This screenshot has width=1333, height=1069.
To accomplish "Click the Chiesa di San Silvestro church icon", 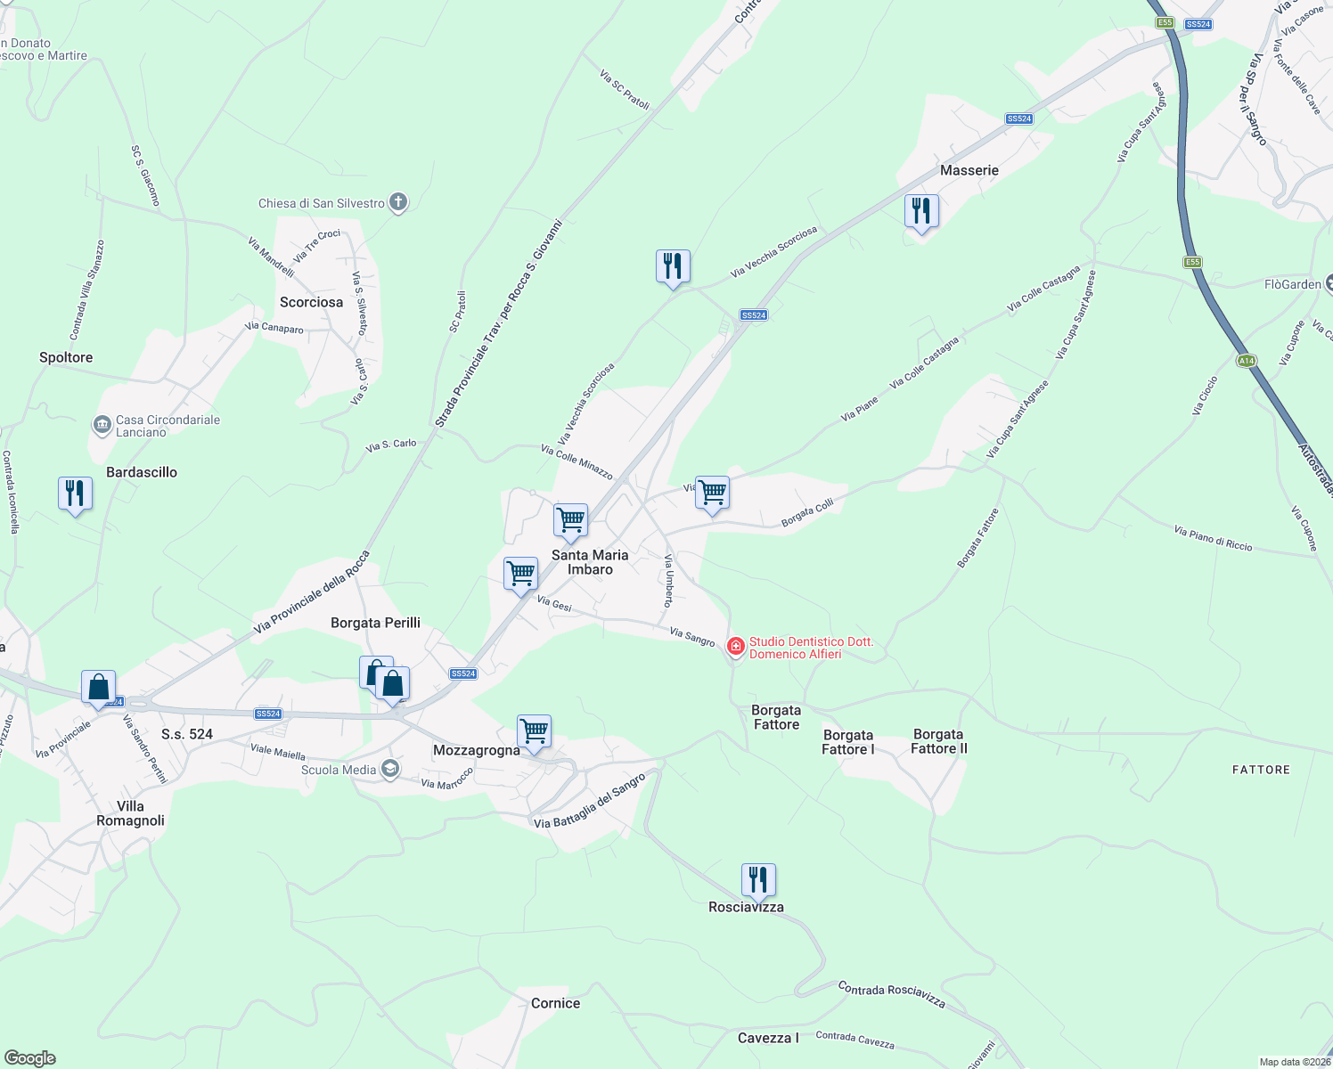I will point(398,203).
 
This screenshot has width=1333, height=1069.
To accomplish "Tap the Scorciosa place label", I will point(311,302).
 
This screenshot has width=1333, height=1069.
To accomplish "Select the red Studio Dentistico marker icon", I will point(736,647).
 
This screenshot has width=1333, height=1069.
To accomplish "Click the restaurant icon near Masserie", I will point(921,211).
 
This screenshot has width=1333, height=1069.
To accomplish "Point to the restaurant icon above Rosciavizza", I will point(758,880).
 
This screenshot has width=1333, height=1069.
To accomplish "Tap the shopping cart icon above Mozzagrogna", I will point(534,731).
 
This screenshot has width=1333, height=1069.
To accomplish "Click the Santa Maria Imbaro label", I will point(590,562).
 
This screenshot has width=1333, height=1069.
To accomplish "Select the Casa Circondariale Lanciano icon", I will point(102,425).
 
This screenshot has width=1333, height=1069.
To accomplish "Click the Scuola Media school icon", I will point(389,769).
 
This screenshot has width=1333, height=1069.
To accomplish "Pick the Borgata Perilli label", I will point(375,623).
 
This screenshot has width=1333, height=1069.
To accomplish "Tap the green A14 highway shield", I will point(1246,361).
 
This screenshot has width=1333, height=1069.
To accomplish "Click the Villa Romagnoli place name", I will point(130,813).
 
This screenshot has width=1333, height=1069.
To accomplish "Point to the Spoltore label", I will point(66,357).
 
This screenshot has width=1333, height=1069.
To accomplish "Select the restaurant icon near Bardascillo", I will point(75,493).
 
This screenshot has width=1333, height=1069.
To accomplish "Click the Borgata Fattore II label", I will point(938,741).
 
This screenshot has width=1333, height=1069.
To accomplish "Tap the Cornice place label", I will point(555,1003).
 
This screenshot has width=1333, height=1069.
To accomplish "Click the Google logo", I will point(29,1058).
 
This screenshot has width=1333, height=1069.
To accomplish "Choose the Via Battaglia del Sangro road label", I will point(589,802).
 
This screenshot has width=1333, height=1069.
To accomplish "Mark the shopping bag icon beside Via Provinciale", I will point(98,687).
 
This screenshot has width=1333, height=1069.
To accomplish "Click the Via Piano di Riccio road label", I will point(1213,538).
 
